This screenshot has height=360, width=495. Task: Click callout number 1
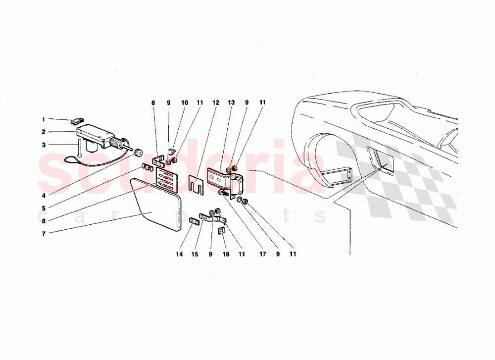pos(43,119)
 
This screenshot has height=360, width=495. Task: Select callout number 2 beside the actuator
pos(43,132)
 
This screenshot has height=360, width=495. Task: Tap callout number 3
pos(43,145)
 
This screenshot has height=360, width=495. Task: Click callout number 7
pos(43,234)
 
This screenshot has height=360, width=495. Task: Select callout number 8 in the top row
pos(153,103)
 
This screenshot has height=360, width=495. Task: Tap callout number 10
pos(184,103)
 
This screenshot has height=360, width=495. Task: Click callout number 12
pos(215,103)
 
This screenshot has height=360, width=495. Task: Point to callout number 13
pos(231,103)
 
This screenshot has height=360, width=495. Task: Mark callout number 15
pos(195,255)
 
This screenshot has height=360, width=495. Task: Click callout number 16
pos(226,255)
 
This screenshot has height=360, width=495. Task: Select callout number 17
pos(262,255)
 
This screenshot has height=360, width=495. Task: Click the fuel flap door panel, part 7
pos(156,206)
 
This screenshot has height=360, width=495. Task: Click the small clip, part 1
pos(78,120)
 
